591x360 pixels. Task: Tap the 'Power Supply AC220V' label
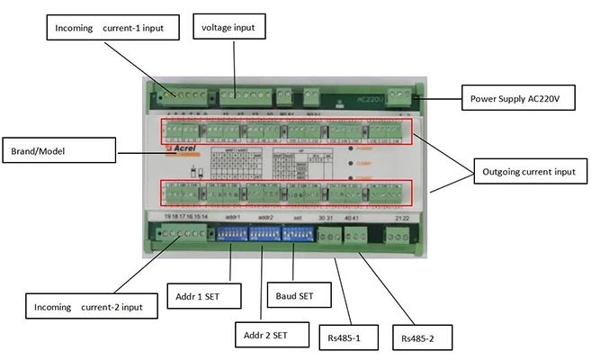click(517, 99)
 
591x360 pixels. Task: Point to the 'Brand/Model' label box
click(59, 148)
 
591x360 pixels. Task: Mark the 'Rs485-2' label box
click(419, 338)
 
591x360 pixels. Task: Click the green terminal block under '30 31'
click(330, 236)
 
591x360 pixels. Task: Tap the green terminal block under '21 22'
click(396, 236)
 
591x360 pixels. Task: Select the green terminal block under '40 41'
click(357, 236)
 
